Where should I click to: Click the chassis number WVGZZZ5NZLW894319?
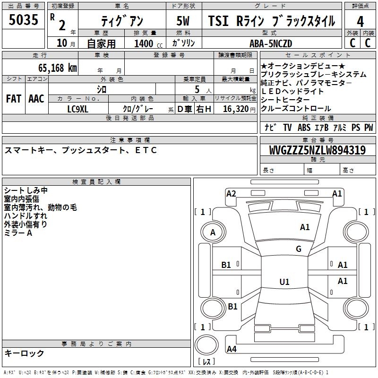coord(317,150)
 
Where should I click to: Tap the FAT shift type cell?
coord(13,99)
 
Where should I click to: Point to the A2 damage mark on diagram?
coord(231,193)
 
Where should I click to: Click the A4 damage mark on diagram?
coord(232,349)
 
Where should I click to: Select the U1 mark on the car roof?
coord(284,282)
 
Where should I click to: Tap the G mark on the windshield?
coord(298,249)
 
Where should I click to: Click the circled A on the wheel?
coord(213,232)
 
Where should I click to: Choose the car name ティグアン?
coord(120,21)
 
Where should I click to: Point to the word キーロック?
coord(24,353)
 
